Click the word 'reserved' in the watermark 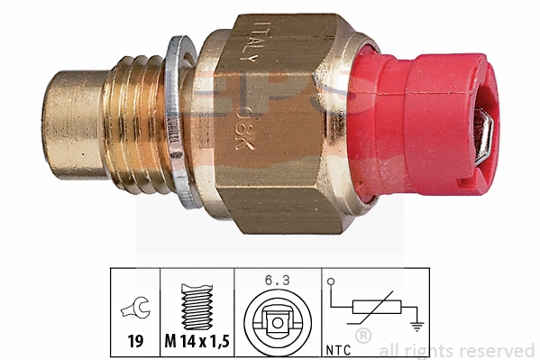pos(499,350)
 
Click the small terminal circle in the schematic pos(334,282)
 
